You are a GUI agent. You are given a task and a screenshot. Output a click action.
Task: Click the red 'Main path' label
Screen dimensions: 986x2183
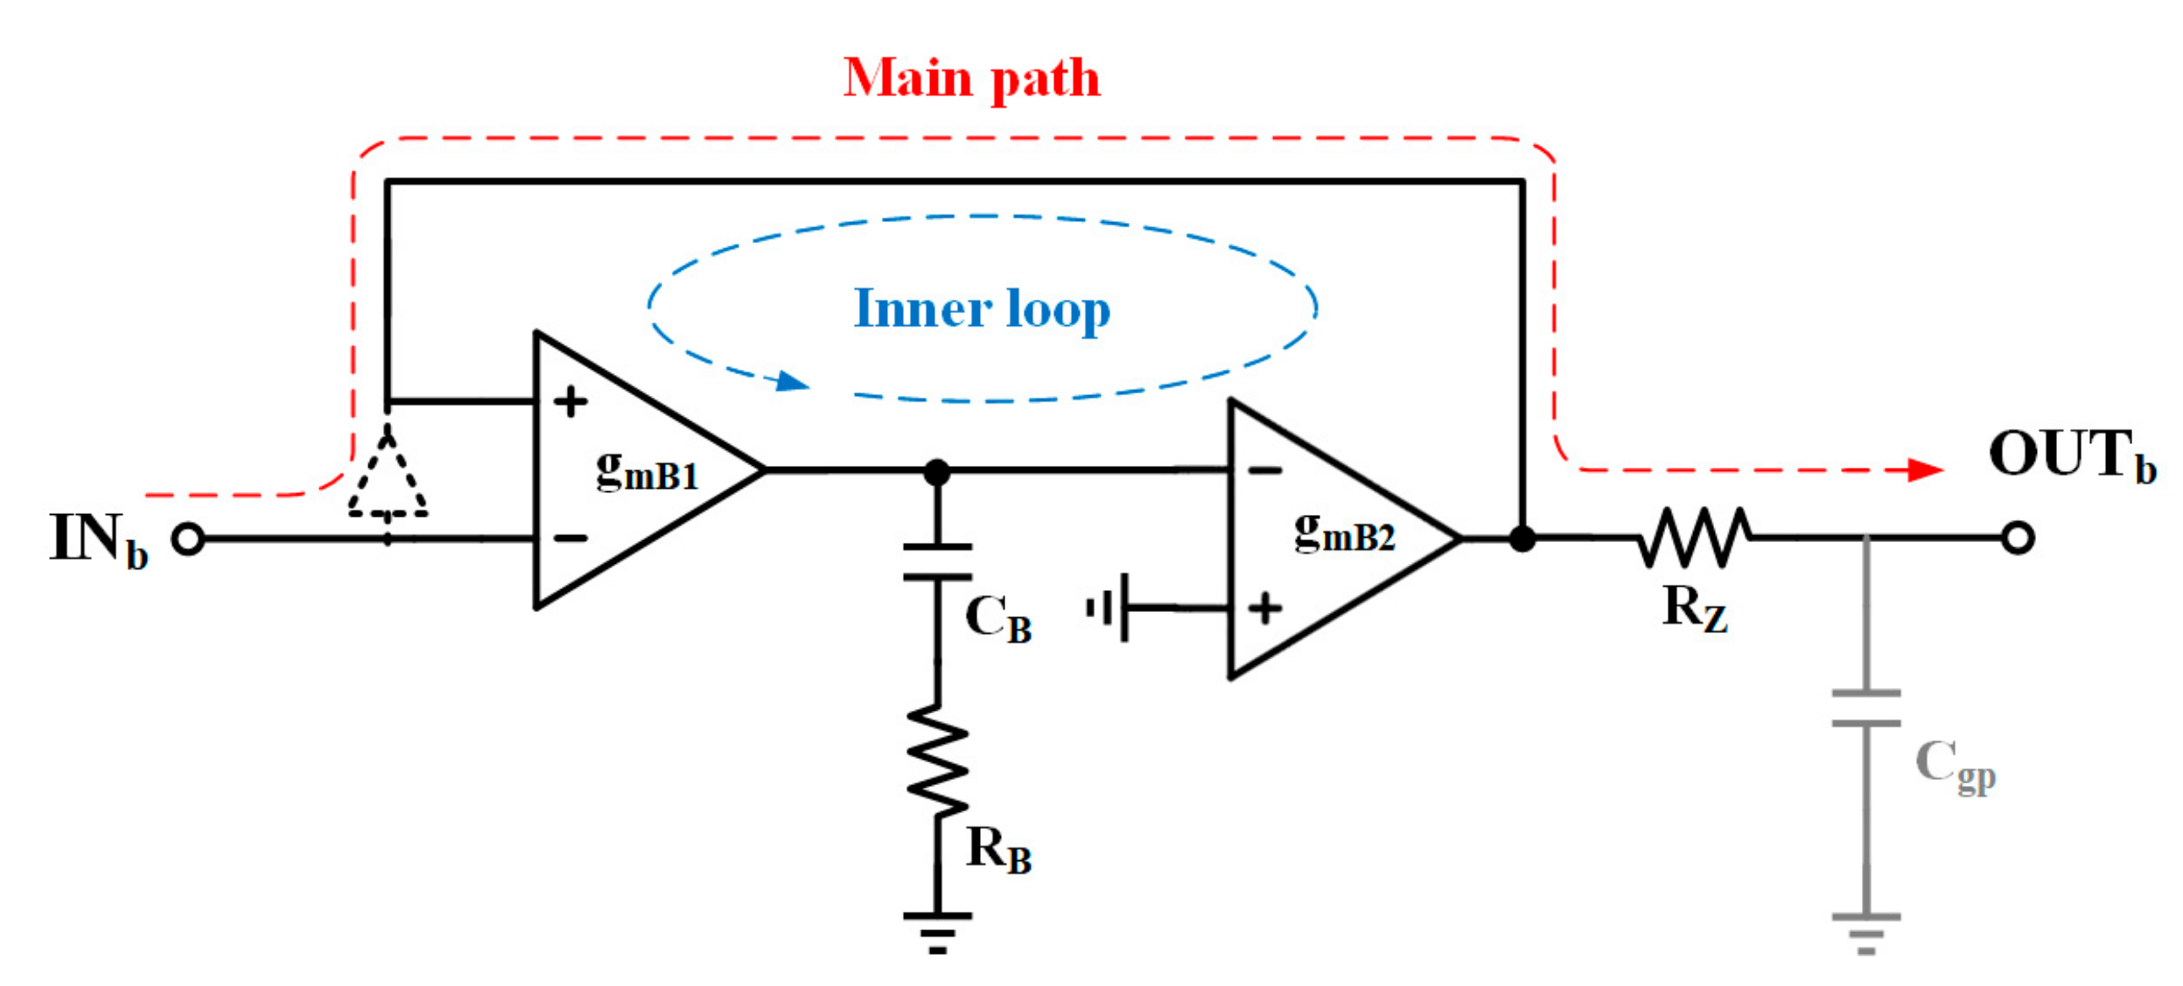[972, 78]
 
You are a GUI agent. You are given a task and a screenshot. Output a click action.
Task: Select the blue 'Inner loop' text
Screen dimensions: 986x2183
[982, 308]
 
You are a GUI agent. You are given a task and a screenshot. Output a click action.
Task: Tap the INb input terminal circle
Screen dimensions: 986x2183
[188, 539]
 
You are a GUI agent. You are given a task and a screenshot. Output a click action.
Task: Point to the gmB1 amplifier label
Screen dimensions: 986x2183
[647, 471]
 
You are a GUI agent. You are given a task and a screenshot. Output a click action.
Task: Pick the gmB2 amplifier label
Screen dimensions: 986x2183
[1344, 534]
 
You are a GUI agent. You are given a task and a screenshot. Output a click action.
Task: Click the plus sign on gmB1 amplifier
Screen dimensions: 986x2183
[570, 402]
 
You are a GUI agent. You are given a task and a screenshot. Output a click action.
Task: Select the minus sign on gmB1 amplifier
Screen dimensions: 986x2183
[570, 538]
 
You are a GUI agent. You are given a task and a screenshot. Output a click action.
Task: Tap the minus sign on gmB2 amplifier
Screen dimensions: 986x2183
[1265, 470]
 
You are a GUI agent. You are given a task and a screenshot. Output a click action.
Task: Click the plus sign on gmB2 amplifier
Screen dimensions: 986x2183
[1265, 608]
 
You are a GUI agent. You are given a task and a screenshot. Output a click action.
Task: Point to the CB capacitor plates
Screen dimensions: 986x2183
[937, 562]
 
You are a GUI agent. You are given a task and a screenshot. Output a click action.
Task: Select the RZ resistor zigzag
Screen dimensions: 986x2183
[1693, 537]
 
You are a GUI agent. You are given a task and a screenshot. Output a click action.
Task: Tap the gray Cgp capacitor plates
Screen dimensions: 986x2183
[1866, 708]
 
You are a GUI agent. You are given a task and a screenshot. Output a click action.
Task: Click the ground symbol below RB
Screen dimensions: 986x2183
[937, 932]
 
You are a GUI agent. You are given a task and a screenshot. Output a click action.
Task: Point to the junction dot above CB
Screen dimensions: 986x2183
[936, 471]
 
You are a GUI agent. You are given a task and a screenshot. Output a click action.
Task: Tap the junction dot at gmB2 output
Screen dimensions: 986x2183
[1522, 538]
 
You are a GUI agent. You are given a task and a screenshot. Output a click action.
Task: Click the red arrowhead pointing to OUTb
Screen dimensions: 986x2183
[1925, 470]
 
